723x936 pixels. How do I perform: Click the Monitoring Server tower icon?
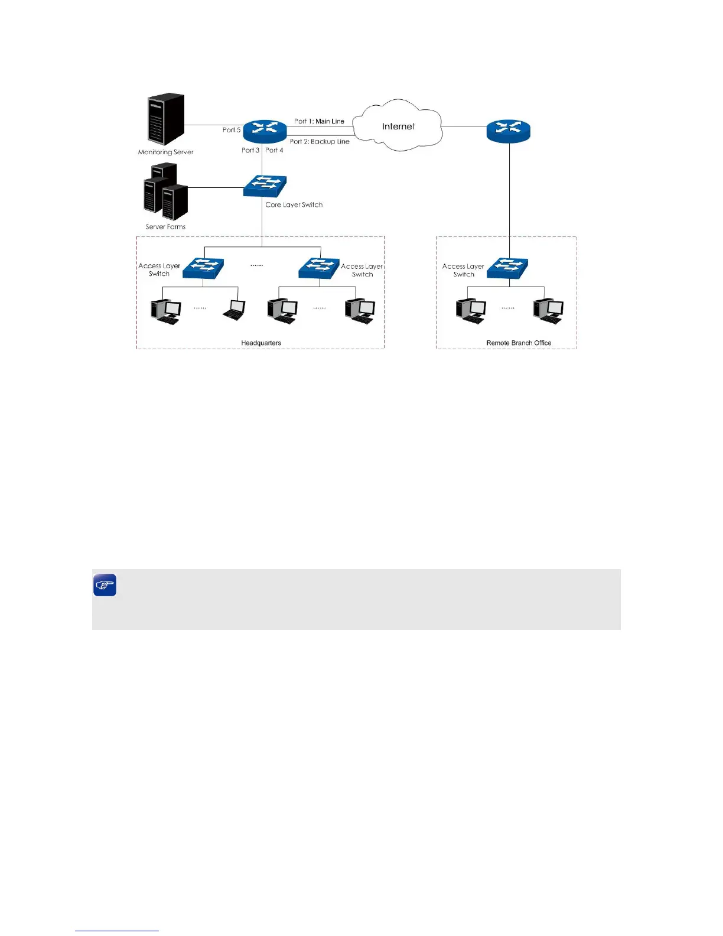tap(165, 118)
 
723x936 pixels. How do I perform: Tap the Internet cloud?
tap(399, 126)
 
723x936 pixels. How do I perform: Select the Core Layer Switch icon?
tap(265, 186)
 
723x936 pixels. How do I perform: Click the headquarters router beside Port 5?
tap(265, 131)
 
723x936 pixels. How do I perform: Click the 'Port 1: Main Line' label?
tap(319, 121)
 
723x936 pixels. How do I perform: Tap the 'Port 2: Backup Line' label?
tap(320, 142)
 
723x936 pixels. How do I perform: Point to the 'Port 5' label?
tap(232, 130)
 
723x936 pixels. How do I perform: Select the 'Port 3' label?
tap(250, 150)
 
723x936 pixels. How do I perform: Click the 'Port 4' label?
tap(274, 150)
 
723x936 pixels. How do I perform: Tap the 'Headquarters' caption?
tap(261, 343)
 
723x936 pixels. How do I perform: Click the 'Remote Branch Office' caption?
tap(519, 343)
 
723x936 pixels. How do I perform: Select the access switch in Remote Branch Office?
tap(507, 268)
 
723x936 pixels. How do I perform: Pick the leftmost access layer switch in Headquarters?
tap(203, 268)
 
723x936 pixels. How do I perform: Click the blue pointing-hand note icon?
tap(105, 585)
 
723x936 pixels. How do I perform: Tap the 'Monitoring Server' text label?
tap(166, 152)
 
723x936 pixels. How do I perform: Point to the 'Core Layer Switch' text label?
tap(294, 204)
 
